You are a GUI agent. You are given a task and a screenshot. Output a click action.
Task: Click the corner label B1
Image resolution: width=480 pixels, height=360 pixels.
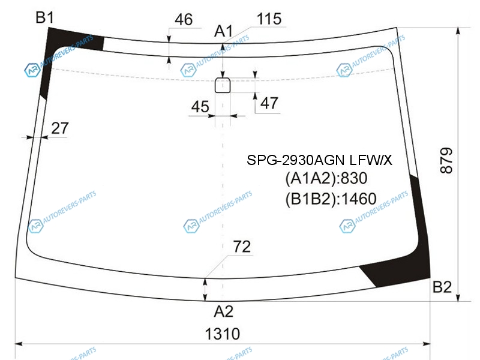coord(44,17)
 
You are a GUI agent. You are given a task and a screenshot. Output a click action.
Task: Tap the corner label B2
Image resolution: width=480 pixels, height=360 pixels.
coord(442,287)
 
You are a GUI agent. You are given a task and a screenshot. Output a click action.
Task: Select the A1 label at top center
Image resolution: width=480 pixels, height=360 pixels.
coord(223,31)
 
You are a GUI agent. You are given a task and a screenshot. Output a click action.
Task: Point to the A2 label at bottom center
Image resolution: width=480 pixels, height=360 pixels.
coord(223,311)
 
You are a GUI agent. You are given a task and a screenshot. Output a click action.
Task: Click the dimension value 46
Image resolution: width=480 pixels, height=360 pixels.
coord(184,20)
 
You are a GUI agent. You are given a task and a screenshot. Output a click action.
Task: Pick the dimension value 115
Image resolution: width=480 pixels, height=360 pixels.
coord(269,19)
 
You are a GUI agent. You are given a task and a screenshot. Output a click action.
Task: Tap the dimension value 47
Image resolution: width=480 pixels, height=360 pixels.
coord(269,103)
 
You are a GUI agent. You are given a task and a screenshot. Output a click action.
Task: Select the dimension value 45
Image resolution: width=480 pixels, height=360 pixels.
coord(200,107)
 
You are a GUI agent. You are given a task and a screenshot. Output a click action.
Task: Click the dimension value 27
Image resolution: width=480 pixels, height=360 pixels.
coord(59,128)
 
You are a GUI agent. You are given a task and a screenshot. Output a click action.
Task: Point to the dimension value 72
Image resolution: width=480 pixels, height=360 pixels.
coord(242,247)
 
